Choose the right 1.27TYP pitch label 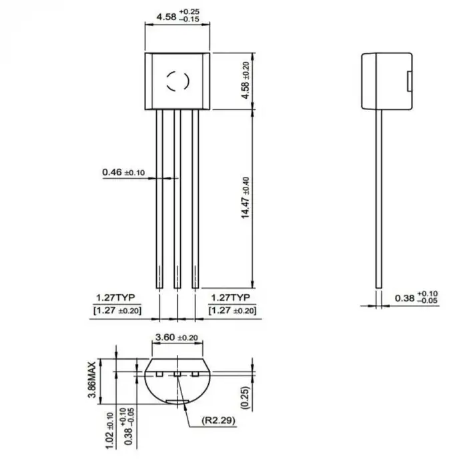230,298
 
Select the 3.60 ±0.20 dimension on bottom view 176,338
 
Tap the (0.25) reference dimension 246,398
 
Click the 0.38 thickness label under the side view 404,298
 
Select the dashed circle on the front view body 177,81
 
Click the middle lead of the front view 177,200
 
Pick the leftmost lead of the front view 159,200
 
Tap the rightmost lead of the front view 195,200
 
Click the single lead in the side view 379,200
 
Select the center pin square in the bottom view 177,374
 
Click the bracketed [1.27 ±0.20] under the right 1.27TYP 231,311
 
